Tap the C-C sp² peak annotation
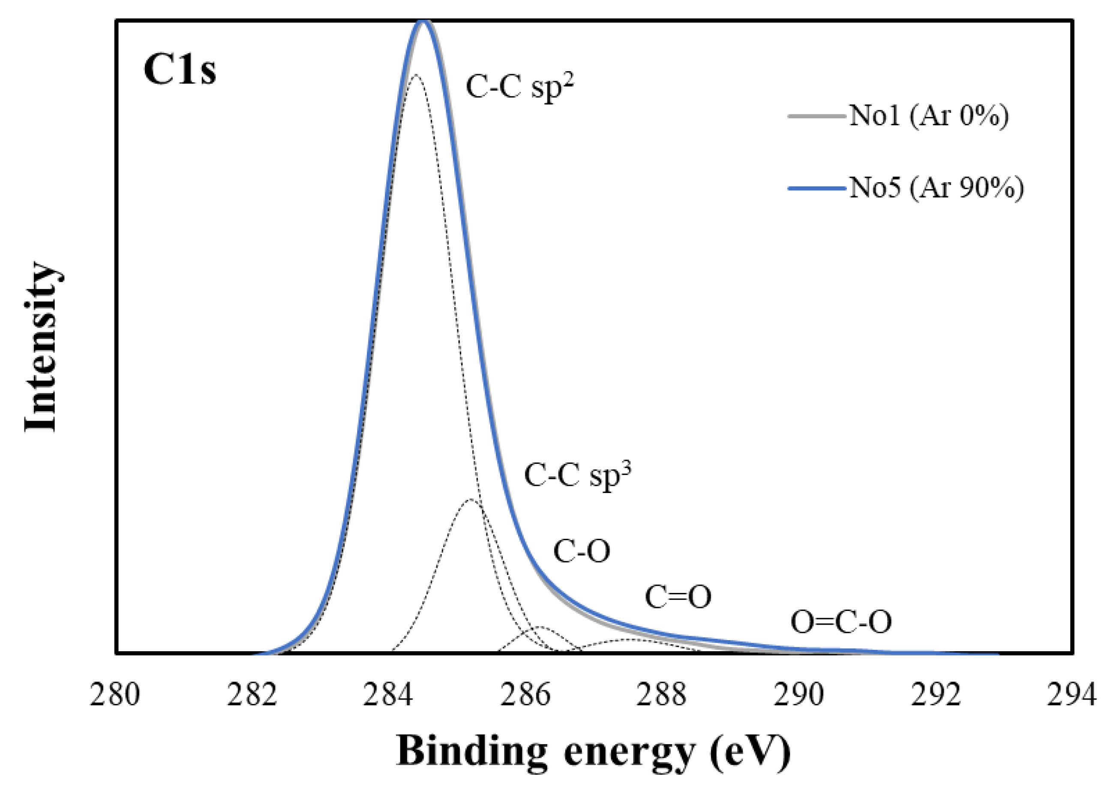[519, 88]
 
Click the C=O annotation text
[678, 597]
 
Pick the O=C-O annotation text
[841, 622]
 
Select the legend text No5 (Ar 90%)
[936, 188]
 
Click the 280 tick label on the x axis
[115, 695]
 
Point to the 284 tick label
[388, 695]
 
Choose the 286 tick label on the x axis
[525, 695]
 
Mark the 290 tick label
[798, 695]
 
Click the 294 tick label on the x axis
[1072, 695]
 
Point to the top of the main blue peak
[423, 22]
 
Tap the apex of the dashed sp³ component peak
[470, 500]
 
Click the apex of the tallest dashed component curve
[415, 76]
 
